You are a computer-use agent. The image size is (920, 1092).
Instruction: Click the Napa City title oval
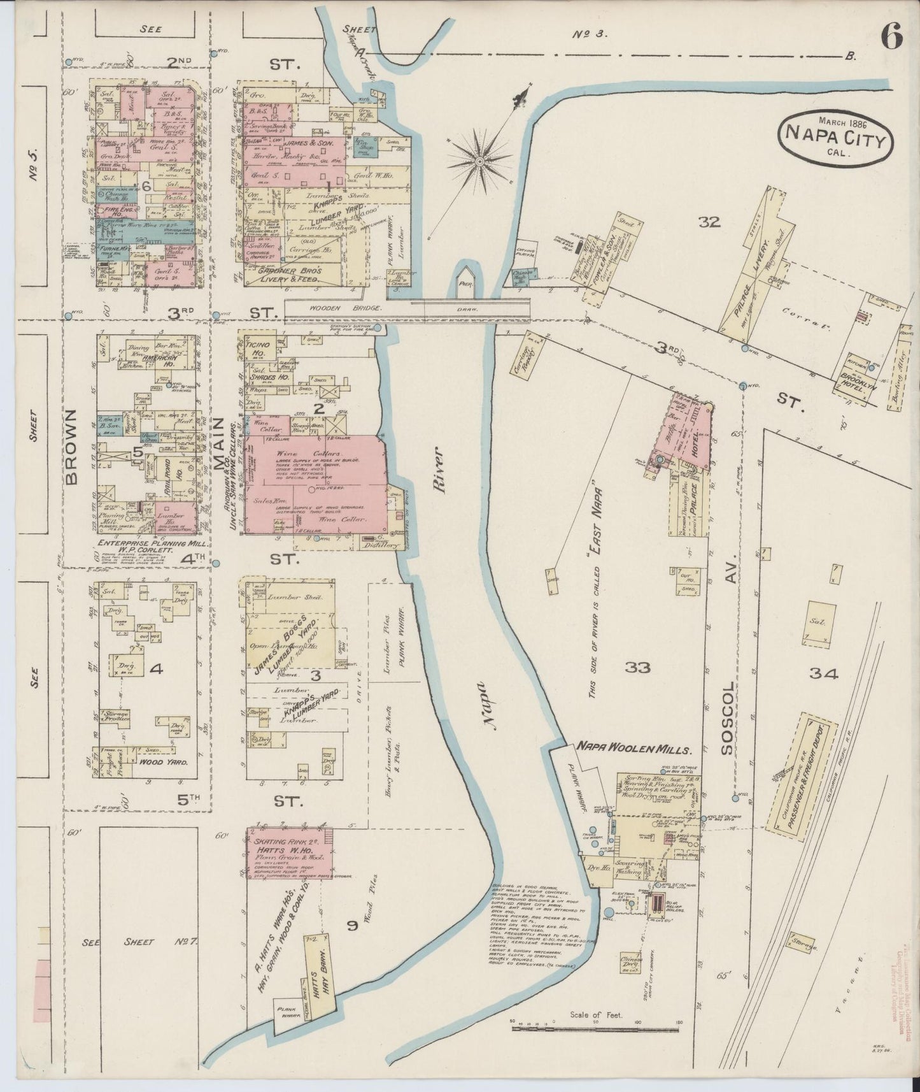(835, 134)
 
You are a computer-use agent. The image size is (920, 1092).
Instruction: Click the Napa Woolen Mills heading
(634, 749)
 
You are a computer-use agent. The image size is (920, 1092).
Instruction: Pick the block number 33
(637, 667)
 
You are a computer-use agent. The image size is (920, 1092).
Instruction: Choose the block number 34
(824, 673)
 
